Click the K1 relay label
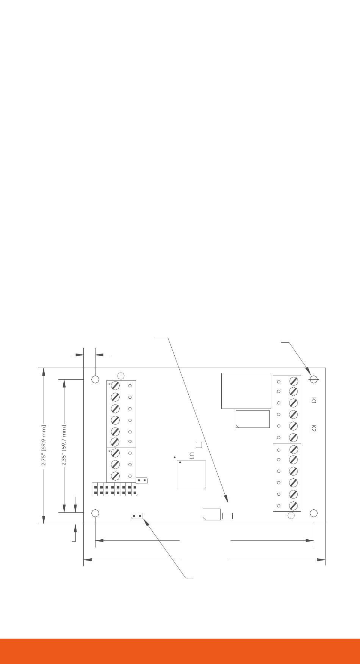pos(313,400)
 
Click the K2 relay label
pos(313,428)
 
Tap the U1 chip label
pos(192,456)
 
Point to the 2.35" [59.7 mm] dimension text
pos(64,445)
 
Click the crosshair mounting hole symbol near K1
pos(314,379)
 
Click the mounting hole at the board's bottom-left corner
pos(95,513)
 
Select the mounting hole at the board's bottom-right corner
pos(313,513)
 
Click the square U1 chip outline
pos(191,475)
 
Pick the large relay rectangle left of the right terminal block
pos(246,391)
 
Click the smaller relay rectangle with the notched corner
pos(252,419)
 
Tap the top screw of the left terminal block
pos(115,386)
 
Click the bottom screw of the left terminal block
pos(115,476)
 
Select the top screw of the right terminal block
pos(293,381)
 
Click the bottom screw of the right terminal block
pos(293,506)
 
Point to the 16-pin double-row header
pos(115,490)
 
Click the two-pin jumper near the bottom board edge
pos(137,516)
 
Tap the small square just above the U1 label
pos(199,445)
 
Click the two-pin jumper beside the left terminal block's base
pos(142,481)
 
